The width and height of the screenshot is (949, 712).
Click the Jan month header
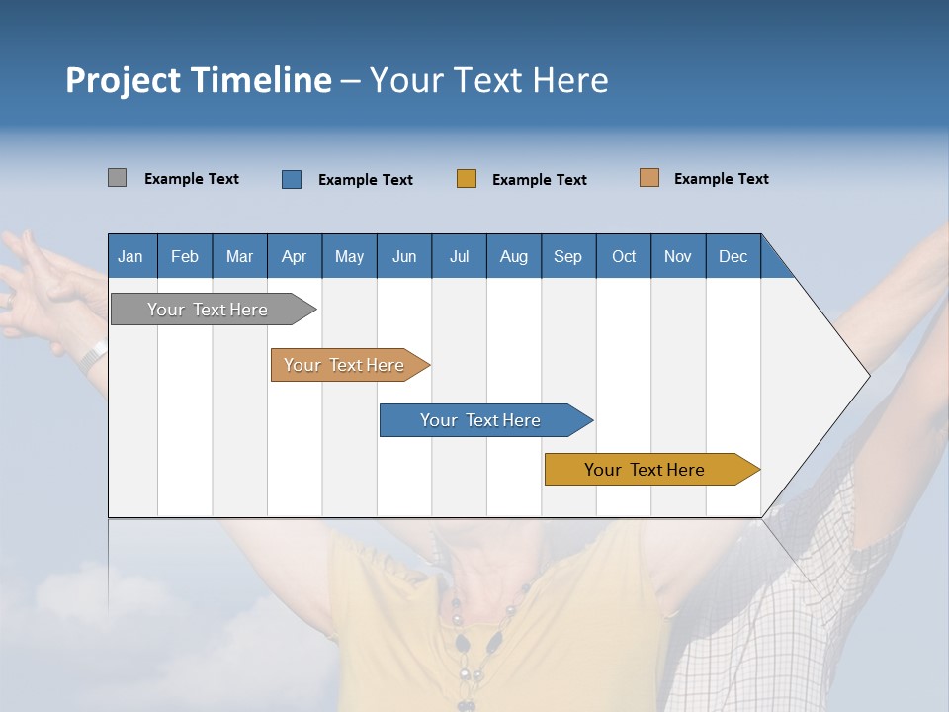(x=130, y=256)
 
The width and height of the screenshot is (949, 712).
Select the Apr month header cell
(x=294, y=256)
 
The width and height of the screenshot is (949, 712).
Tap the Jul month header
(x=459, y=256)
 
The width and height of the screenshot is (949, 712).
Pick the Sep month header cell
(x=567, y=256)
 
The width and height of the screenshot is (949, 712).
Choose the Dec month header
(x=733, y=256)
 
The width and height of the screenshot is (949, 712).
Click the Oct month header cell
(x=623, y=256)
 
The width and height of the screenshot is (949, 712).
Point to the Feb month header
(x=185, y=256)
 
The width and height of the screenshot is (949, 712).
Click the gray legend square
(x=117, y=178)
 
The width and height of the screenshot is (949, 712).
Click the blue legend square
(x=292, y=179)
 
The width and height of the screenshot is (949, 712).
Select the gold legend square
(x=467, y=178)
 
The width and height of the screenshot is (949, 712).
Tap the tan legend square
(x=649, y=178)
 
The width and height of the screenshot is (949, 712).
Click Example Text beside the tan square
(x=721, y=179)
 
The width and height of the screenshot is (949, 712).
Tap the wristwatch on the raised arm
(x=94, y=354)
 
